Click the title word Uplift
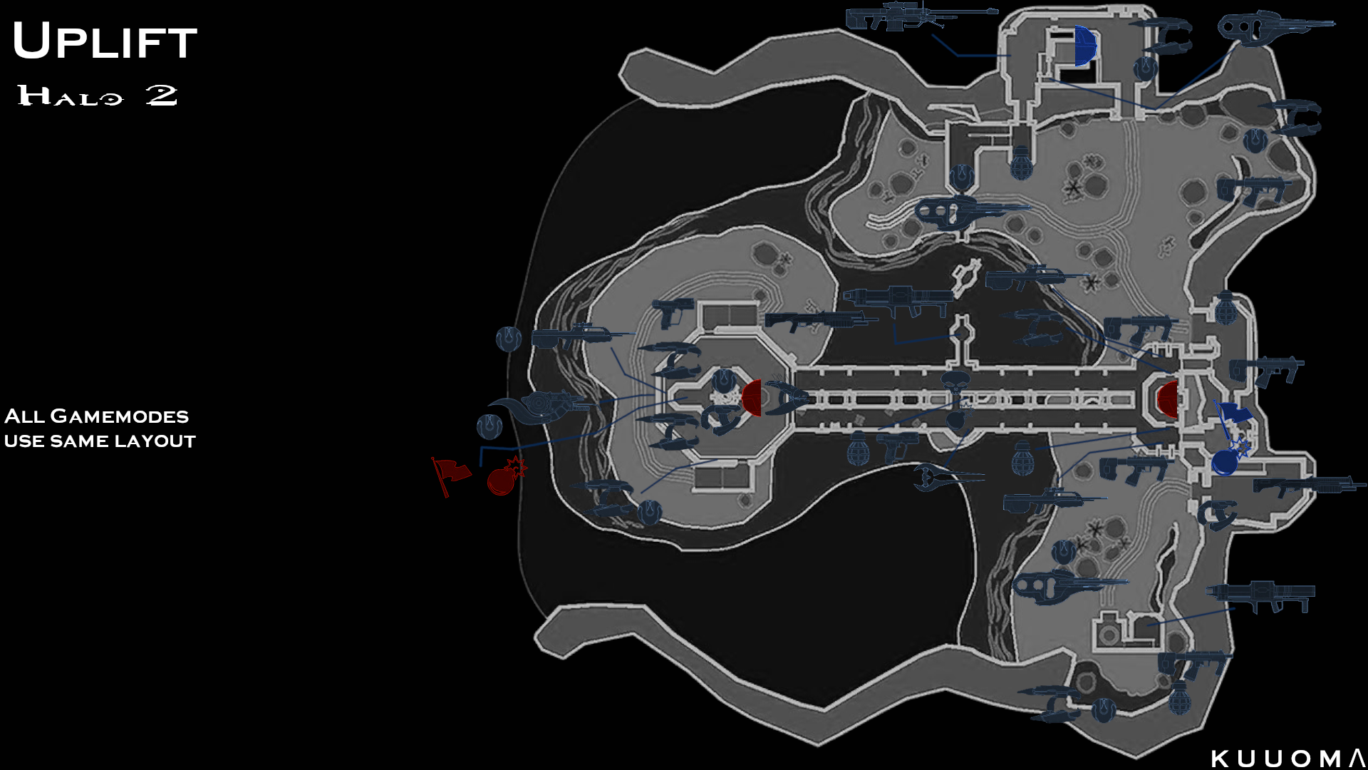pyautogui.click(x=105, y=41)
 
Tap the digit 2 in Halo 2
pyautogui.click(x=162, y=95)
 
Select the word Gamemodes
pyautogui.click(x=120, y=416)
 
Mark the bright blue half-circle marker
pyautogui.click(x=1084, y=46)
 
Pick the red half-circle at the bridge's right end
pyautogui.click(x=1167, y=399)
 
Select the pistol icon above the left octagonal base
pyautogui.click(x=671, y=311)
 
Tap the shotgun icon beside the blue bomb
pyautogui.click(x=1307, y=486)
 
